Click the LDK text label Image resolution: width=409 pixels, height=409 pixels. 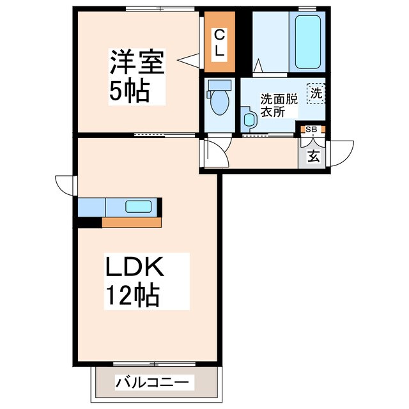[x=134, y=267]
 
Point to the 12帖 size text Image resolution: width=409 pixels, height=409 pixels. [x=132, y=295]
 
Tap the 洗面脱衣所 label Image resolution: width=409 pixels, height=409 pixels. [x=278, y=105]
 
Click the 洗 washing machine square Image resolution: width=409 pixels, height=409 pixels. [x=316, y=93]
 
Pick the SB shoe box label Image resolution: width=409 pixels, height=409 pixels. [x=311, y=129]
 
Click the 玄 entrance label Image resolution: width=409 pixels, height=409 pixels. [x=314, y=155]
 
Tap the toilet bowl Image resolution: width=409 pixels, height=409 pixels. [x=219, y=104]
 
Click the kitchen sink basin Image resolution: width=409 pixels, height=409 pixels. [x=139, y=206]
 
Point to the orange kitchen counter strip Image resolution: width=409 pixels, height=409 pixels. [x=132, y=223]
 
